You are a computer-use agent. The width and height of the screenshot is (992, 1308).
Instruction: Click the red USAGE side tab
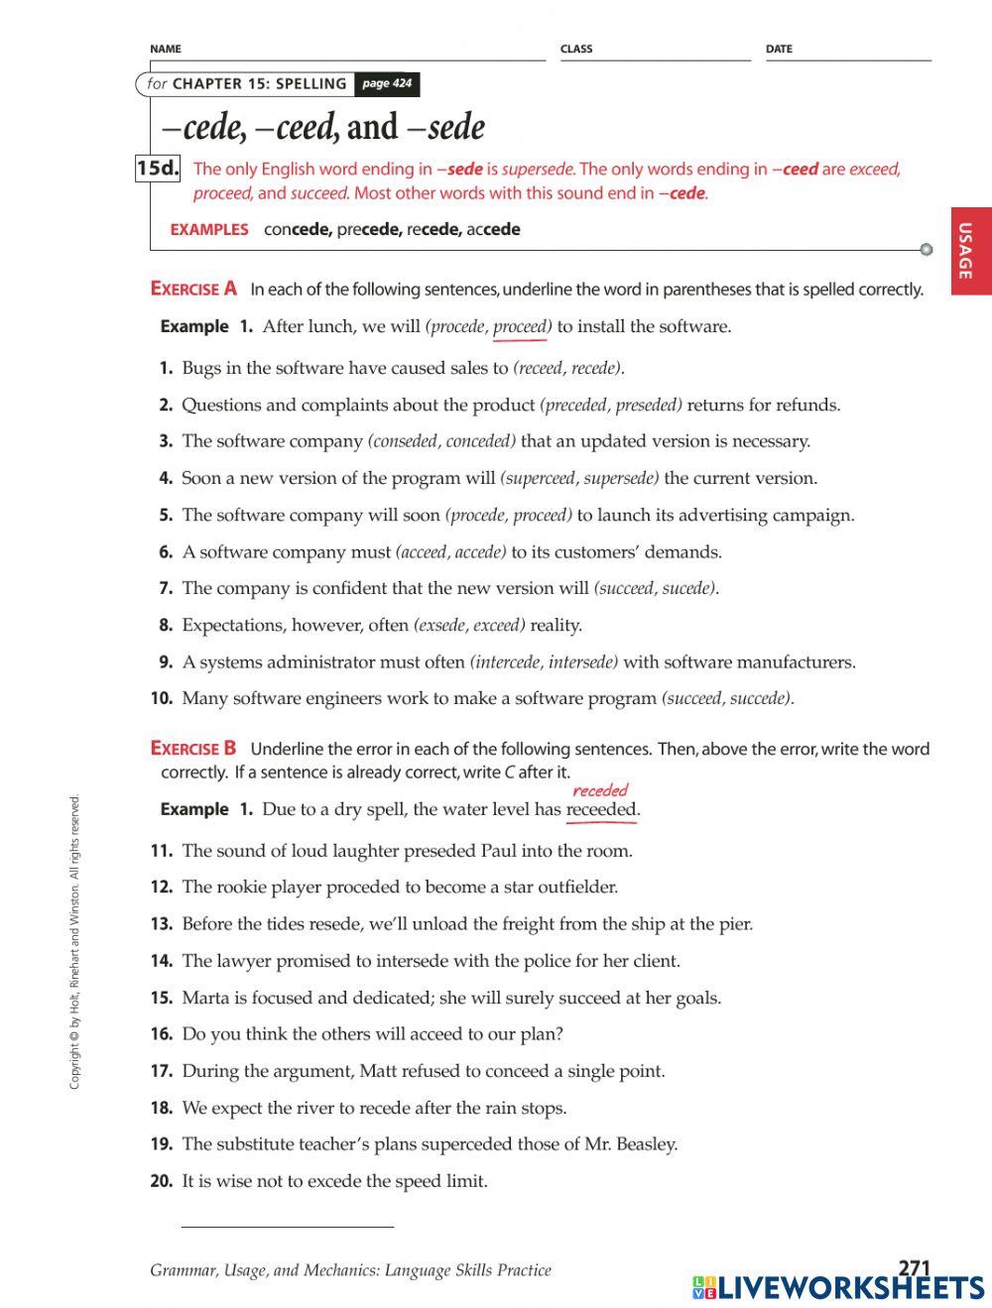(971, 251)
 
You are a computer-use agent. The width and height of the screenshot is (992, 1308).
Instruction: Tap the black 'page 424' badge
(387, 84)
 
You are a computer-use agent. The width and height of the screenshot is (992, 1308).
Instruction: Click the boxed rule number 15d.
(158, 169)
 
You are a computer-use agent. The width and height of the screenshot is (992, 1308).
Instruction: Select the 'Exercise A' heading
(193, 290)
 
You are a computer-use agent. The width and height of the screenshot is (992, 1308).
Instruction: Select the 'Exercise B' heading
(193, 749)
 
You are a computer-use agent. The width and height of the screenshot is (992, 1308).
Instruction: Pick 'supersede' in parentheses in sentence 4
(621, 479)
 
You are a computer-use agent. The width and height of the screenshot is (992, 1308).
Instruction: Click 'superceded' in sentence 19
(466, 1144)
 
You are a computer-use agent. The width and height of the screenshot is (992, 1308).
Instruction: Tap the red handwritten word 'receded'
(600, 790)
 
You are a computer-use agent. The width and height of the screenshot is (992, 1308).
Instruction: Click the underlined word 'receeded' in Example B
(600, 810)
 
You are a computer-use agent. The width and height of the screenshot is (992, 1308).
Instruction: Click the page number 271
(913, 1268)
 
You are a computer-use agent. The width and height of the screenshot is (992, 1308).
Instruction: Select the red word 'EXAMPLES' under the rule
(209, 230)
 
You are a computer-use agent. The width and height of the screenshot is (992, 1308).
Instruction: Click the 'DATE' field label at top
(779, 49)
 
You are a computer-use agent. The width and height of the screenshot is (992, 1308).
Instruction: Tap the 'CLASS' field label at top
(576, 49)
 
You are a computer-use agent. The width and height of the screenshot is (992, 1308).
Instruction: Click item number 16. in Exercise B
(162, 1034)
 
